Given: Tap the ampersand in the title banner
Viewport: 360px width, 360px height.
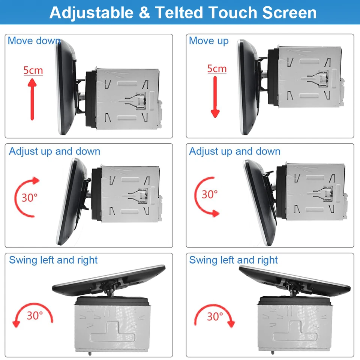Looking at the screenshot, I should tap(144, 13).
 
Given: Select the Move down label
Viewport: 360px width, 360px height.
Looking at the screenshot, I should tap(34, 40).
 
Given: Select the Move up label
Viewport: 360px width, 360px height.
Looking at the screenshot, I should tap(208, 40).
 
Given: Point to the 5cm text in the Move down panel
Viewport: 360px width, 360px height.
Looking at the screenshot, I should tap(33, 70).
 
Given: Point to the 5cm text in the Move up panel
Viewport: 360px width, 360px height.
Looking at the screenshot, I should tap(217, 69).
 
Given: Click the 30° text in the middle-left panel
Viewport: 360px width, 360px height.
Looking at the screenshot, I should tap(29, 197).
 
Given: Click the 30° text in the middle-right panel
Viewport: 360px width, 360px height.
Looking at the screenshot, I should tap(210, 194).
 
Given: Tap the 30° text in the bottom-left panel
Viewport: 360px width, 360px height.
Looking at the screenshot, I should tap(34, 315).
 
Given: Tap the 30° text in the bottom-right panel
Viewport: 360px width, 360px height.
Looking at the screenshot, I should tap(215, 316).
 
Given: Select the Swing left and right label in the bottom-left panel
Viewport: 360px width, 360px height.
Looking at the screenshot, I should tap(53, 260).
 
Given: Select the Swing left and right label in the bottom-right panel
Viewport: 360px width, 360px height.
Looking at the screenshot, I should tap(233, 260).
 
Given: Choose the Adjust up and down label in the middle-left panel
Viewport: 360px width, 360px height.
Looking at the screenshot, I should tap(55, 151).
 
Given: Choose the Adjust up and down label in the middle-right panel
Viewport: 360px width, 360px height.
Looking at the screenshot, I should tap(235, 151).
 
